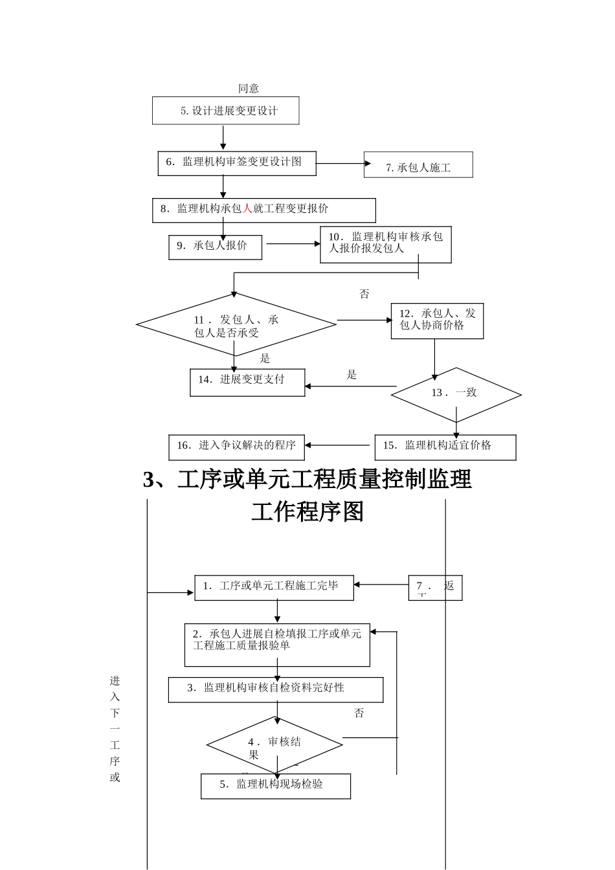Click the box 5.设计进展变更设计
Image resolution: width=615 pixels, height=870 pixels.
pos(225,111)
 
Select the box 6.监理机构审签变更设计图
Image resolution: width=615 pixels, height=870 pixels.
pos(236,162)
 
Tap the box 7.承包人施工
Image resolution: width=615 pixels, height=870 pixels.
pos(418,166)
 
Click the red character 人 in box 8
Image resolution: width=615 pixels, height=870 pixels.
pos(247,209)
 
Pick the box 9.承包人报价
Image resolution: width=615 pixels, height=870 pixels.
pos(215,247)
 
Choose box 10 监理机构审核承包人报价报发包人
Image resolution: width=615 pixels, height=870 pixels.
pos(385,244)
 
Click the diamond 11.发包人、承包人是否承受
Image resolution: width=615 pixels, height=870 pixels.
pos(236,325)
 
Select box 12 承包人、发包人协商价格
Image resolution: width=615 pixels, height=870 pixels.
pos(437,320)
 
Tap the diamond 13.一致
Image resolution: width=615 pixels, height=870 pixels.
pos(456,394)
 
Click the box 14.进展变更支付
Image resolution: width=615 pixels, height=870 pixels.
pos(247,382)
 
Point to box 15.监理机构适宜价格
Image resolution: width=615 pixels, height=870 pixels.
pos(445,447)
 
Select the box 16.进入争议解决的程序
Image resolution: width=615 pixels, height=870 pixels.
pos(236,447)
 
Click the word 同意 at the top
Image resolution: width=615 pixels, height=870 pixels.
pos(249,89)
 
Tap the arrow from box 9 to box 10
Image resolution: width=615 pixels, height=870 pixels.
pos(293,244)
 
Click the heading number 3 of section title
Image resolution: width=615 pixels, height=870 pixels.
pos(150,480)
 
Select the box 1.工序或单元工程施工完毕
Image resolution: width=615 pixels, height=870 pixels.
pos(274,587)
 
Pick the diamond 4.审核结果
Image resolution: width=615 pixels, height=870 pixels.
pos(274,746)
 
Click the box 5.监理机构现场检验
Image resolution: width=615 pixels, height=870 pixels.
pos(275,786)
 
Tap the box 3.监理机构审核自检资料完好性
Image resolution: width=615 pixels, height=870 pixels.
pos(275,689)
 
